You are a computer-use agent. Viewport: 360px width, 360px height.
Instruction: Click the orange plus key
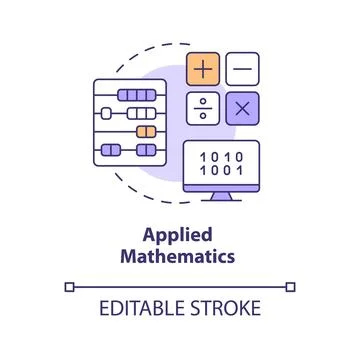click(x=204, y=69)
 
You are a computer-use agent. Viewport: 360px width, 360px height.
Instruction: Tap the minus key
click(x=242, y=69)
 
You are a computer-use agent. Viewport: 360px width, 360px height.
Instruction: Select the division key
click(x=204, y=107)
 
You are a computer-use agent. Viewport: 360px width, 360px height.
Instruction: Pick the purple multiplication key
click(x=242, y=107)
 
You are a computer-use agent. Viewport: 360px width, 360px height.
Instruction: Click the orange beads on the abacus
click(x=146, y=131)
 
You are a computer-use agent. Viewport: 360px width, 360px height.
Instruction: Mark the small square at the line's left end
click(x=69, y=287)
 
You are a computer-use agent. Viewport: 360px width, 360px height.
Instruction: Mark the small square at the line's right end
click(x=291, y=287)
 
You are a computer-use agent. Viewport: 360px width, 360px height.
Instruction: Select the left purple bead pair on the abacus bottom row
click(x=111, y=151)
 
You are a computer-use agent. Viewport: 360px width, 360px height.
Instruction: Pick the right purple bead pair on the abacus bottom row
click(x=147, y=151)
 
